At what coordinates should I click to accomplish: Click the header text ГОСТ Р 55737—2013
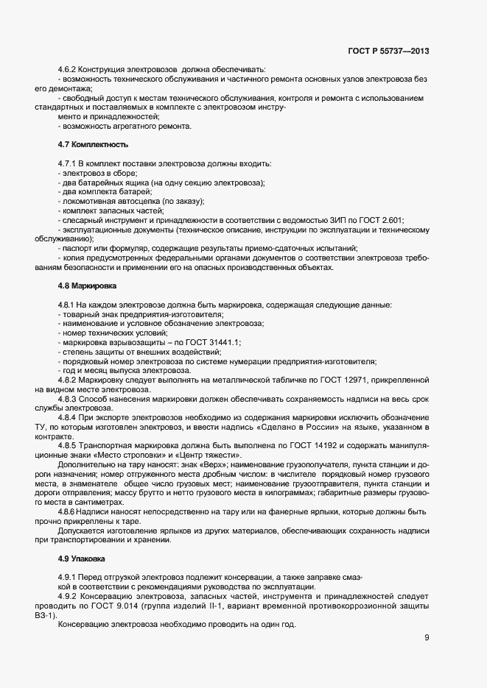pyautogui.click(x=388, y=51)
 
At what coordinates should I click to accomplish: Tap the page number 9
pyautogui.click(x=427, y=637)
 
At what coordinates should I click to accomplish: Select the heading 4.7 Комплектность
pyautogui.click(x=88, y=144)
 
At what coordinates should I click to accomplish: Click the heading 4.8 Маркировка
pyautogui.click(x=84, y=285)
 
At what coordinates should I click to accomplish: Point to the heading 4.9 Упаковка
pyautogui.click(x=81, y=559)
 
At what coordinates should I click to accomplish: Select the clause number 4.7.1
pyautogui.click(x=67, y=163)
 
